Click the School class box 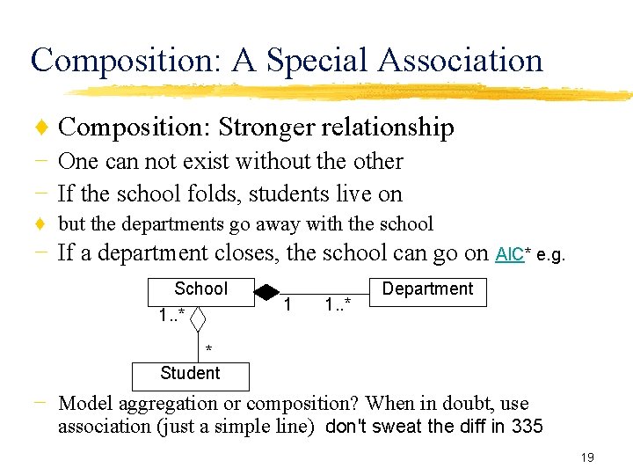(200, 289)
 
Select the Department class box (427, 289)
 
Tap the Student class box (190, 374)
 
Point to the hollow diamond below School (199, 317)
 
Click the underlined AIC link (509, 255)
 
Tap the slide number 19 (587, 457)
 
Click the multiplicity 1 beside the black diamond (289, 305)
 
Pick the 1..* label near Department (337, 306)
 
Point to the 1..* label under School (171, 314)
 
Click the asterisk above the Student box (208, 351)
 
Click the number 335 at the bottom (527, 427)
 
